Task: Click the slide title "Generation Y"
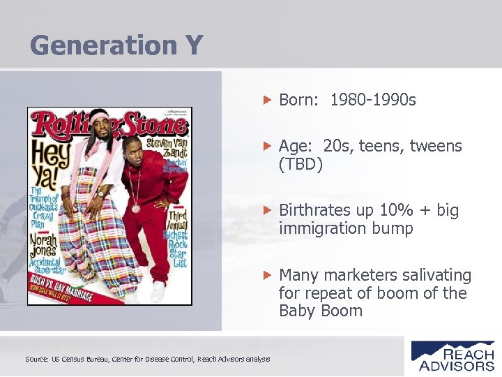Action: tap(116, 46)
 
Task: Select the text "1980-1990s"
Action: tap(373, 101)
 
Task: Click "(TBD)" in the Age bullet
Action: tap(301, 165)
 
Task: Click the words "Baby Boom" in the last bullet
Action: tap(321, 311)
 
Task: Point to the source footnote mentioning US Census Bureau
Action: tap(147, 359)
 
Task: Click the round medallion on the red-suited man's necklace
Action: tap(135, 208)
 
